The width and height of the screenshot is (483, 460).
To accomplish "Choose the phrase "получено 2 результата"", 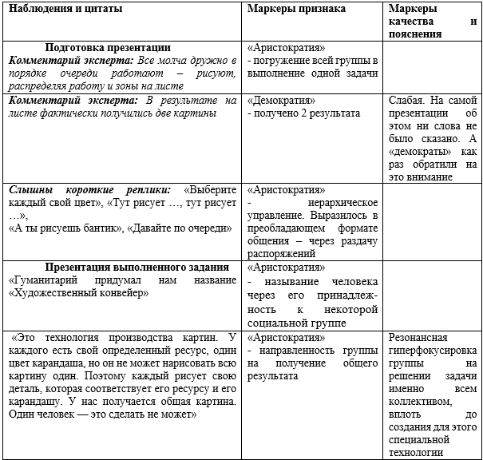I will (307, 114).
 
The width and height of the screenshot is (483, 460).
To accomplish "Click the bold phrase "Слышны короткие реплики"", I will (89, 191).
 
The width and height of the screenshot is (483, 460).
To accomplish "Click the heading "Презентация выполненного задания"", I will (137, 267).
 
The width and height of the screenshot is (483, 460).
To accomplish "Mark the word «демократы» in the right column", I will (416, 152).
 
